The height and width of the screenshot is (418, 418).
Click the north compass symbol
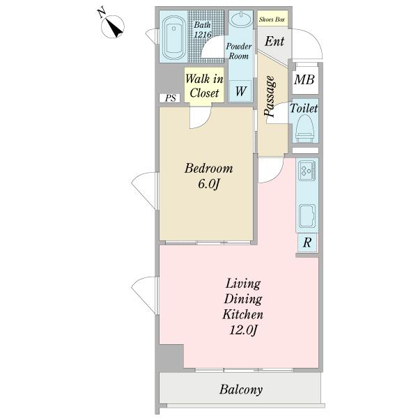[x=112, y=26]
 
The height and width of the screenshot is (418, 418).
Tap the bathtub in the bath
[x=173, y=38]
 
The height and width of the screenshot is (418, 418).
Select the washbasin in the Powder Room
[x=241, y=20]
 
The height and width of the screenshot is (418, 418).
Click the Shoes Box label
[x=272, y=20]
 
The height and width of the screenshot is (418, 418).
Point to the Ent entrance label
[x=274, y=42]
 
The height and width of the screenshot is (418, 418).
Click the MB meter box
[x=304, y=79]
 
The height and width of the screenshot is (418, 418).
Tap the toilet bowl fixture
[x=304, y=128]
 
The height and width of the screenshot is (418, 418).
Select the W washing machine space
[x=240, y=91]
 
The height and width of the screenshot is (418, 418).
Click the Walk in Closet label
[x=204, y=86]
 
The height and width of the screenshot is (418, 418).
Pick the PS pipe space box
[x=170, y=98]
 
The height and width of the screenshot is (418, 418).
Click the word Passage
[x=269, y=96]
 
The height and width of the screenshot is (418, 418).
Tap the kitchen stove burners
[x=307, y=171]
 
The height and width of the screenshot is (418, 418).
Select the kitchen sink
[x=307, y=216]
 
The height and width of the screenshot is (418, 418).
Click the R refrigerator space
[x=307, y=242]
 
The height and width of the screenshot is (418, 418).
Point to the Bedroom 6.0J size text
[x=208, y=184]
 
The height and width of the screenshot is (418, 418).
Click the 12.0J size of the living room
[x=243, y=330]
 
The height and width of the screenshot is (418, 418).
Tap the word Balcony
[x=241, y=389]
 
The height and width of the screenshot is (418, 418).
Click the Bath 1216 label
[x=203, y=29]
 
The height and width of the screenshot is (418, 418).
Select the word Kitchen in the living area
[x=243, y=315]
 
